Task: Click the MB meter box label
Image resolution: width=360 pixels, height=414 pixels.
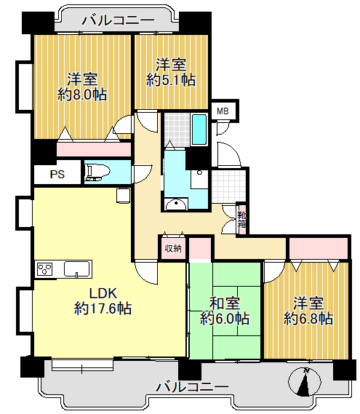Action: pyautogui.click(x=223, y=111)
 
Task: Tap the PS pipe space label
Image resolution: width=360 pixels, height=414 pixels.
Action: pyautogui.click(x=57, y=175)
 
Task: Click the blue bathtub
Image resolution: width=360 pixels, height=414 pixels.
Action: pyautogui.click(x=199, y=130)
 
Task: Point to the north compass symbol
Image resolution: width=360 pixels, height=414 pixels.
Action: pyautogui.click(x=305, y=381)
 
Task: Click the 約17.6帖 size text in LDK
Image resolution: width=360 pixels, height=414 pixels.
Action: pyautogui.click(x=103, y=308)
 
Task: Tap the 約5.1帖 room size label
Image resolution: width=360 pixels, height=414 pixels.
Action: pyautogui.click(x=171, y=80)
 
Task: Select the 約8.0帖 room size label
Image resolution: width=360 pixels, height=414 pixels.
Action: pyautogui.click(x=82, y=95)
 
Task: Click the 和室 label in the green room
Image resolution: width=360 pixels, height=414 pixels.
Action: pyautogui.click(x=225, y=303)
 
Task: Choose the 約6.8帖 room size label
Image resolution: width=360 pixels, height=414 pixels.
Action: pyautogui.click(x=308, y=319)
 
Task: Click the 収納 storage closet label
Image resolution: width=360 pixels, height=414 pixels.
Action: pyautogui.click(x=173, y=248)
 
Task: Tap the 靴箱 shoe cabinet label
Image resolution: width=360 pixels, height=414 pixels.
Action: pyautogui.click(x=241, y=220)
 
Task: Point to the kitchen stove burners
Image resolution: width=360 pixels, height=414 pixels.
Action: pyautogui.click(x=45, y=269)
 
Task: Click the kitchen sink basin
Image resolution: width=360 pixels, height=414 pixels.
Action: pyautogui.click(x=77, y=269)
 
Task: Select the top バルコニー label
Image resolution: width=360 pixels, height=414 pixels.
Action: pyautogui.click(x=118, y=20)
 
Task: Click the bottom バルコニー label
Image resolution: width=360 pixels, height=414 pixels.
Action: pyautogui.click(x=192, y=387)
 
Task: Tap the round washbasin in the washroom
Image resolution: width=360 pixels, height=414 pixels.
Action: pyautogui.click(x=175, y=204)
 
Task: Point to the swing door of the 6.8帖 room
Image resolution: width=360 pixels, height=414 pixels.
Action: pyautogui.click(x=274, y=271)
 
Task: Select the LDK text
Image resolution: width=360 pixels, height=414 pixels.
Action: pyautogui.click(x=103, y=293)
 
